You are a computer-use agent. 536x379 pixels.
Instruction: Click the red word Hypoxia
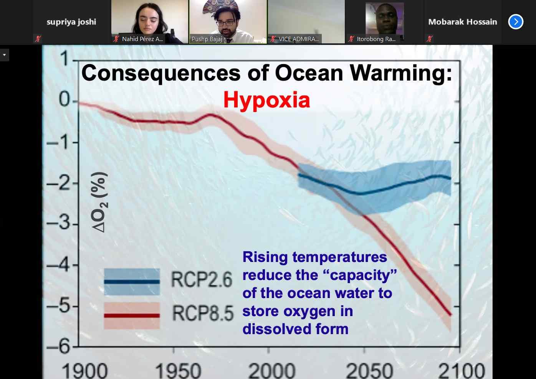(266, 100)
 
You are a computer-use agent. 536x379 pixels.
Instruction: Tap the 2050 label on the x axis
(369, 370)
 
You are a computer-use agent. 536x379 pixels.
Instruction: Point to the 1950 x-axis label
(178, 370)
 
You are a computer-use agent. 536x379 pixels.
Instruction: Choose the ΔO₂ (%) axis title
(99, 202)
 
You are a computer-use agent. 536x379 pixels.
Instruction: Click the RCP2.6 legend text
(202, 280)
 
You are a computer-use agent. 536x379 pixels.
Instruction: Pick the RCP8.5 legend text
(202, 313)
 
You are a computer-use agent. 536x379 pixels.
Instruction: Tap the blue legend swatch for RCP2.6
(132, 282)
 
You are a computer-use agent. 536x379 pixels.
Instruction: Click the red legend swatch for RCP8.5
(132, 315)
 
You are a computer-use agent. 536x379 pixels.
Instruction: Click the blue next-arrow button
(516, 22)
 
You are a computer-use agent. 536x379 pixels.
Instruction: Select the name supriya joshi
(71, 22)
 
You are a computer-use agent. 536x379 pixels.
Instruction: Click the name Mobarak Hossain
(462, 22)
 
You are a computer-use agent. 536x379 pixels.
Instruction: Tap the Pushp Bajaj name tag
(207, 39)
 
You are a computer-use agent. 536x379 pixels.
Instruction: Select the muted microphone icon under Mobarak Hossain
(430, 38)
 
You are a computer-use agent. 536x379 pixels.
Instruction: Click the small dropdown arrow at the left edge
(4, 55)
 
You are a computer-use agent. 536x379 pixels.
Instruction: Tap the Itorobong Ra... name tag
(376, 39)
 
